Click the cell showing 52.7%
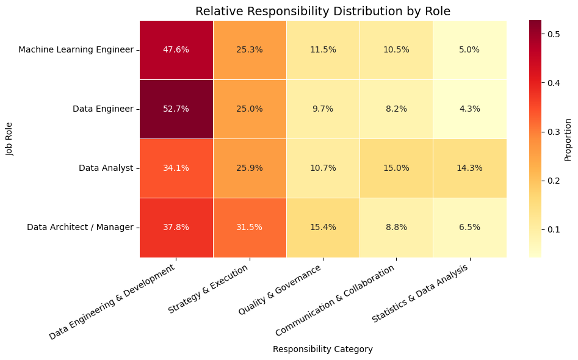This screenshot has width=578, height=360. [x=176, y=109]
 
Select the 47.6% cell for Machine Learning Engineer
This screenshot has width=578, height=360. [x=176, y=50]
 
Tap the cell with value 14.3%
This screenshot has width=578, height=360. [x=469, y=168]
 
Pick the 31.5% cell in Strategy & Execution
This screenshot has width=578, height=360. [x=250, y=228]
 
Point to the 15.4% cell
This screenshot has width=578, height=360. [x=323, y=228]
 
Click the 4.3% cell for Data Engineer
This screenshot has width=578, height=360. [x=469, y=109]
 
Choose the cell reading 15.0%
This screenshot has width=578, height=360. [x=396, y=168]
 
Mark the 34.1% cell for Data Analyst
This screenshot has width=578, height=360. [x=176, y=168]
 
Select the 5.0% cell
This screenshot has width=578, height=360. [x=469, y=50]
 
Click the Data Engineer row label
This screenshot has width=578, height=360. [x=103, y=109]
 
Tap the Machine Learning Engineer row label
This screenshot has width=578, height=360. [x=76, y=50]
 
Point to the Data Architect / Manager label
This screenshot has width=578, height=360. [x=80, y=228]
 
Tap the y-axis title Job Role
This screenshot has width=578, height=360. [x=10, y=139]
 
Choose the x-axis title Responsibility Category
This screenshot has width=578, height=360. [x=322, y=350]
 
